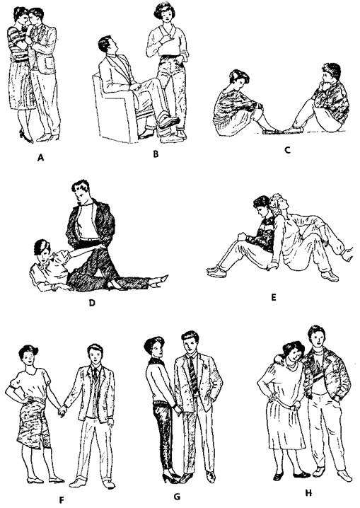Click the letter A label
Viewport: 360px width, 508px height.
click(x=40, y=158)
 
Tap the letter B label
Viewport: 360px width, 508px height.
click(x=156, y=154)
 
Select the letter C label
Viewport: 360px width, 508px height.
click(x=287, y=150)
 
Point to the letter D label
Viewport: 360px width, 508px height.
click(x=92, y=303)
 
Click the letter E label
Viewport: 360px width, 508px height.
click(x=274, y=297)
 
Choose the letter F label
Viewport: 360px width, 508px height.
click(x=62, y=500)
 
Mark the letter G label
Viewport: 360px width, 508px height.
click(x=177, y=497)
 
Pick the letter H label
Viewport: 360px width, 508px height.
click(x=308, y=493)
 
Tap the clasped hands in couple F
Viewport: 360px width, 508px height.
click(x=62, y=412)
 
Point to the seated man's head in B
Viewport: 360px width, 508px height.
click(x=107, y=45)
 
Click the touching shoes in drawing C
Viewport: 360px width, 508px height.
click(x=283, y=131)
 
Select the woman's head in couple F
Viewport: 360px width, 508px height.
click(x=28, y=356)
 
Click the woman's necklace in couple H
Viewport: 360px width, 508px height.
click(x=291, y=366)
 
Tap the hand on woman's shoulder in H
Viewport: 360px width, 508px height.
click(x=278, y=359)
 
